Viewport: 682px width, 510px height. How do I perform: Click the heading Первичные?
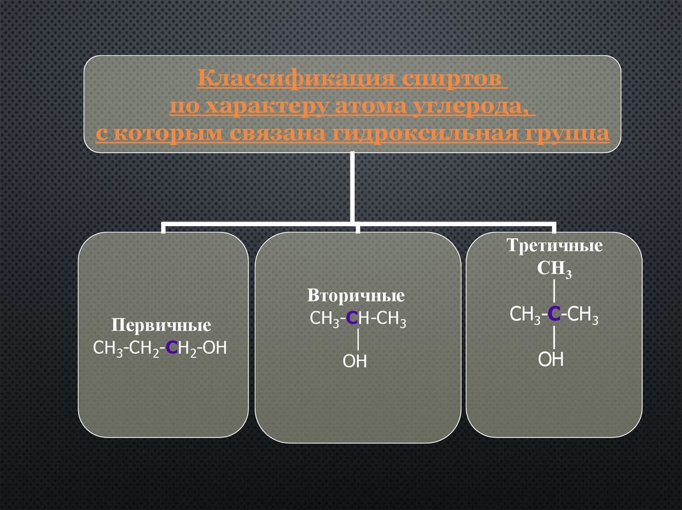(x=161, y=326)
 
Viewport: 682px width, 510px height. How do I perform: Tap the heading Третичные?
(x=555, y=246)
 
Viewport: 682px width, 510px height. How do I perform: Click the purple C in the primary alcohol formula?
(x=172, y=347)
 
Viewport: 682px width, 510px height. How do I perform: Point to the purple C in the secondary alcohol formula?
(x=354, y=319)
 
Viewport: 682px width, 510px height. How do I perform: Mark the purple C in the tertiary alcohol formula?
(x=553, y=315)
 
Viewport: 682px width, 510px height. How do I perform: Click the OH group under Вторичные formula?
(x=355, y=361)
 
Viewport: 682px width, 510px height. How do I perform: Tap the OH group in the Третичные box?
(x=551, y=360)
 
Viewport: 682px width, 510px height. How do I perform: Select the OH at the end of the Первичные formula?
(x=215, y=347)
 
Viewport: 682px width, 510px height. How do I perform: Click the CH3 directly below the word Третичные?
(x=555, y=269)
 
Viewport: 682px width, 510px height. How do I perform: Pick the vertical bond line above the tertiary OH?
(x=554, y=338)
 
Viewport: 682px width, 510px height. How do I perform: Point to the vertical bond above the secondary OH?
(x=358, y=339)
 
